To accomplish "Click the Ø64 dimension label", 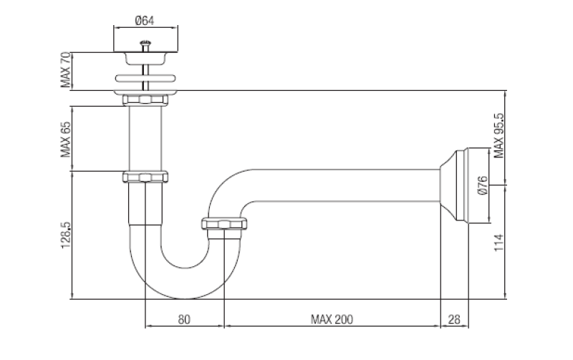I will (145, 20).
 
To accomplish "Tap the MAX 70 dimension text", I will (65, 70).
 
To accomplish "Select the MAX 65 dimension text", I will (65, 138).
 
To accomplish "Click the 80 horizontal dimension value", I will (184, 318).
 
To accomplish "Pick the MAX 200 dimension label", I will (332, 318).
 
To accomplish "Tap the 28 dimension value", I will (454, 318).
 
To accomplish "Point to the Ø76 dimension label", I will (482, 185).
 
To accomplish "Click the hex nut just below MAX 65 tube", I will (145, 176).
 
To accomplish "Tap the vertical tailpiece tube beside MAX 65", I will (145, 138).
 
